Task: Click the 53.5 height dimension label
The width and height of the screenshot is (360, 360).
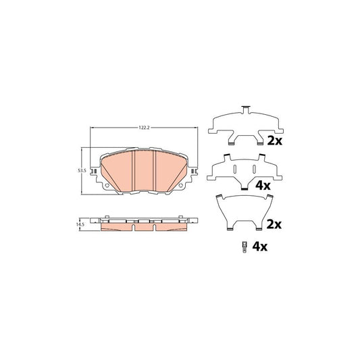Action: [82, 171]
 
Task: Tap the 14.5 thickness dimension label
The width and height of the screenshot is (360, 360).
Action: [81, 223]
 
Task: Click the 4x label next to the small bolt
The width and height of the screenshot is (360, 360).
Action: [260, 247]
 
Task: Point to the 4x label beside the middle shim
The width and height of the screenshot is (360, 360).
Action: [262, 185]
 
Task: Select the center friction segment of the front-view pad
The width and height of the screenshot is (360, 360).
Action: [145, 172]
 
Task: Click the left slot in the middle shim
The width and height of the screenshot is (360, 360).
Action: [233, 169]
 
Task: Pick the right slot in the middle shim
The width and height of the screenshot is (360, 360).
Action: [256, 169]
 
